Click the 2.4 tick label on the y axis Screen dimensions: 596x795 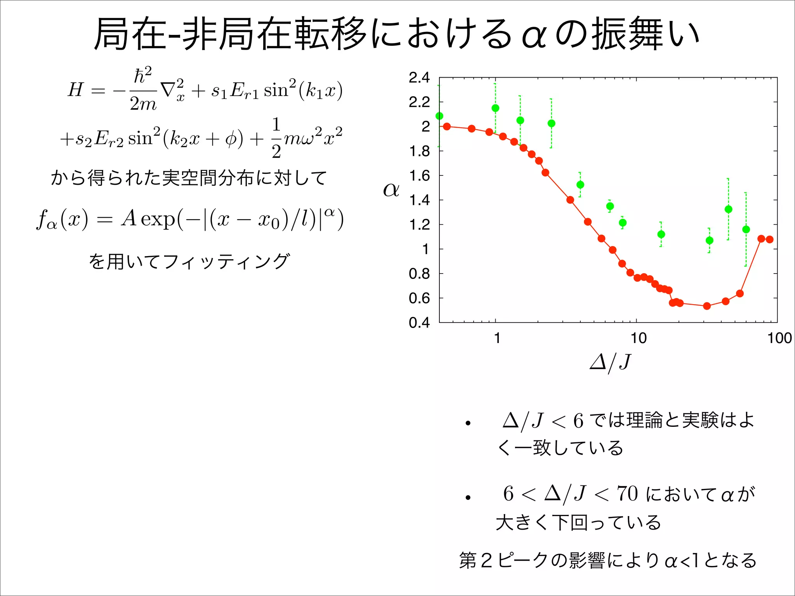419,78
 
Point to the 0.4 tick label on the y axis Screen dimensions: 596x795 419,322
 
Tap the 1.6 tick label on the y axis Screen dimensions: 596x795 419,176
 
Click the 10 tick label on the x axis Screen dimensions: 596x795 639,338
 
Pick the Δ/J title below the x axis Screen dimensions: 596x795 610,362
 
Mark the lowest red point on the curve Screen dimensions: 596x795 707,306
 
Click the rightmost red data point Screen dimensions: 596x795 770,239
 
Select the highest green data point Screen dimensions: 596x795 495,108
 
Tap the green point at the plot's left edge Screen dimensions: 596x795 439,116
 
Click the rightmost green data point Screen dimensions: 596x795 746,230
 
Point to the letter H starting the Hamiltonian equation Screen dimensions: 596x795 76,90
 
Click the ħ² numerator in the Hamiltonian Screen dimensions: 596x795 142,75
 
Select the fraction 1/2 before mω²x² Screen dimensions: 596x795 276,138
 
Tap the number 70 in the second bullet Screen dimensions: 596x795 628,494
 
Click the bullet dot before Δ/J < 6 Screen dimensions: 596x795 468,423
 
